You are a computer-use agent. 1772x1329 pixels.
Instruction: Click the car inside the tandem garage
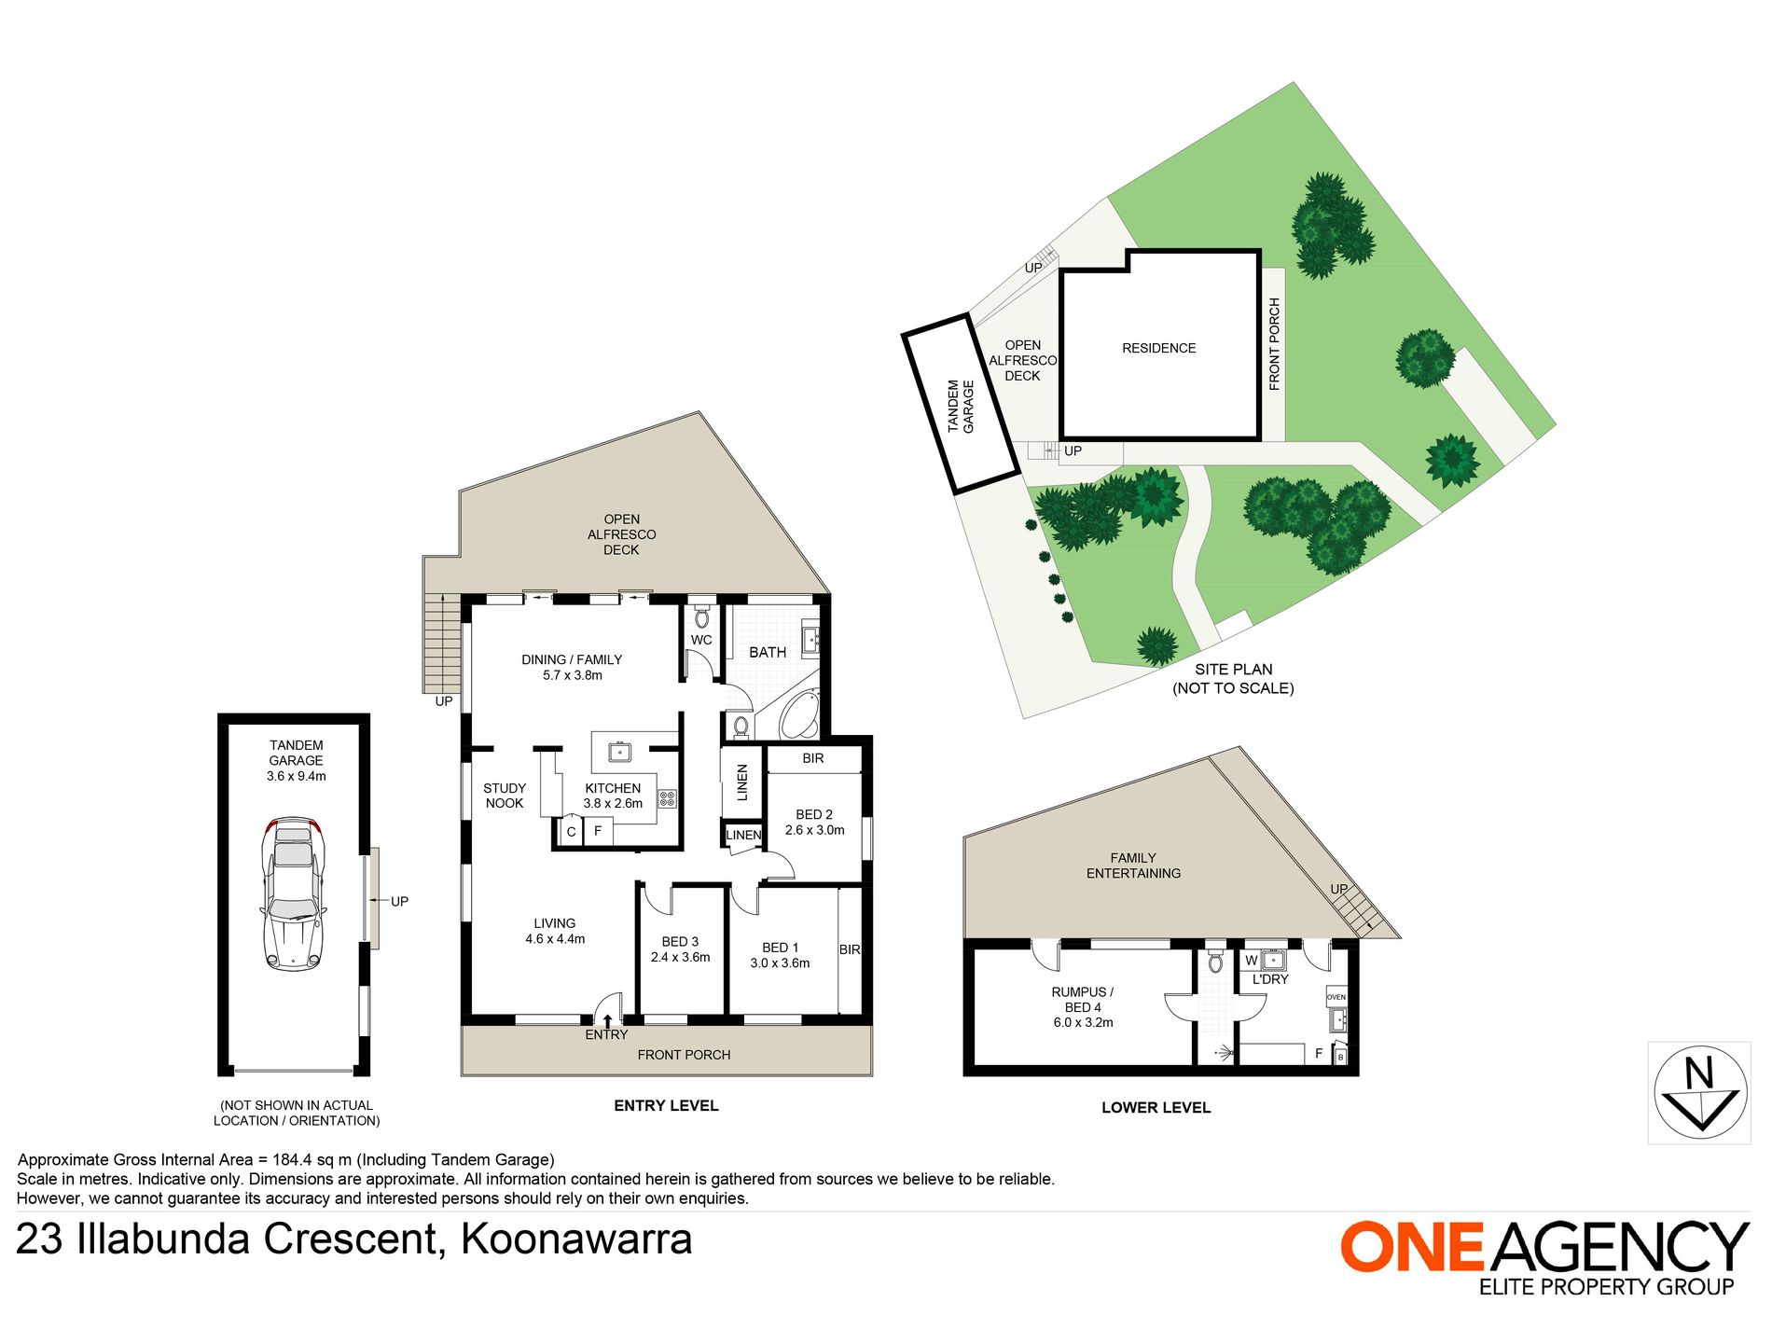pyautogui.click(x=295, y=895)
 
